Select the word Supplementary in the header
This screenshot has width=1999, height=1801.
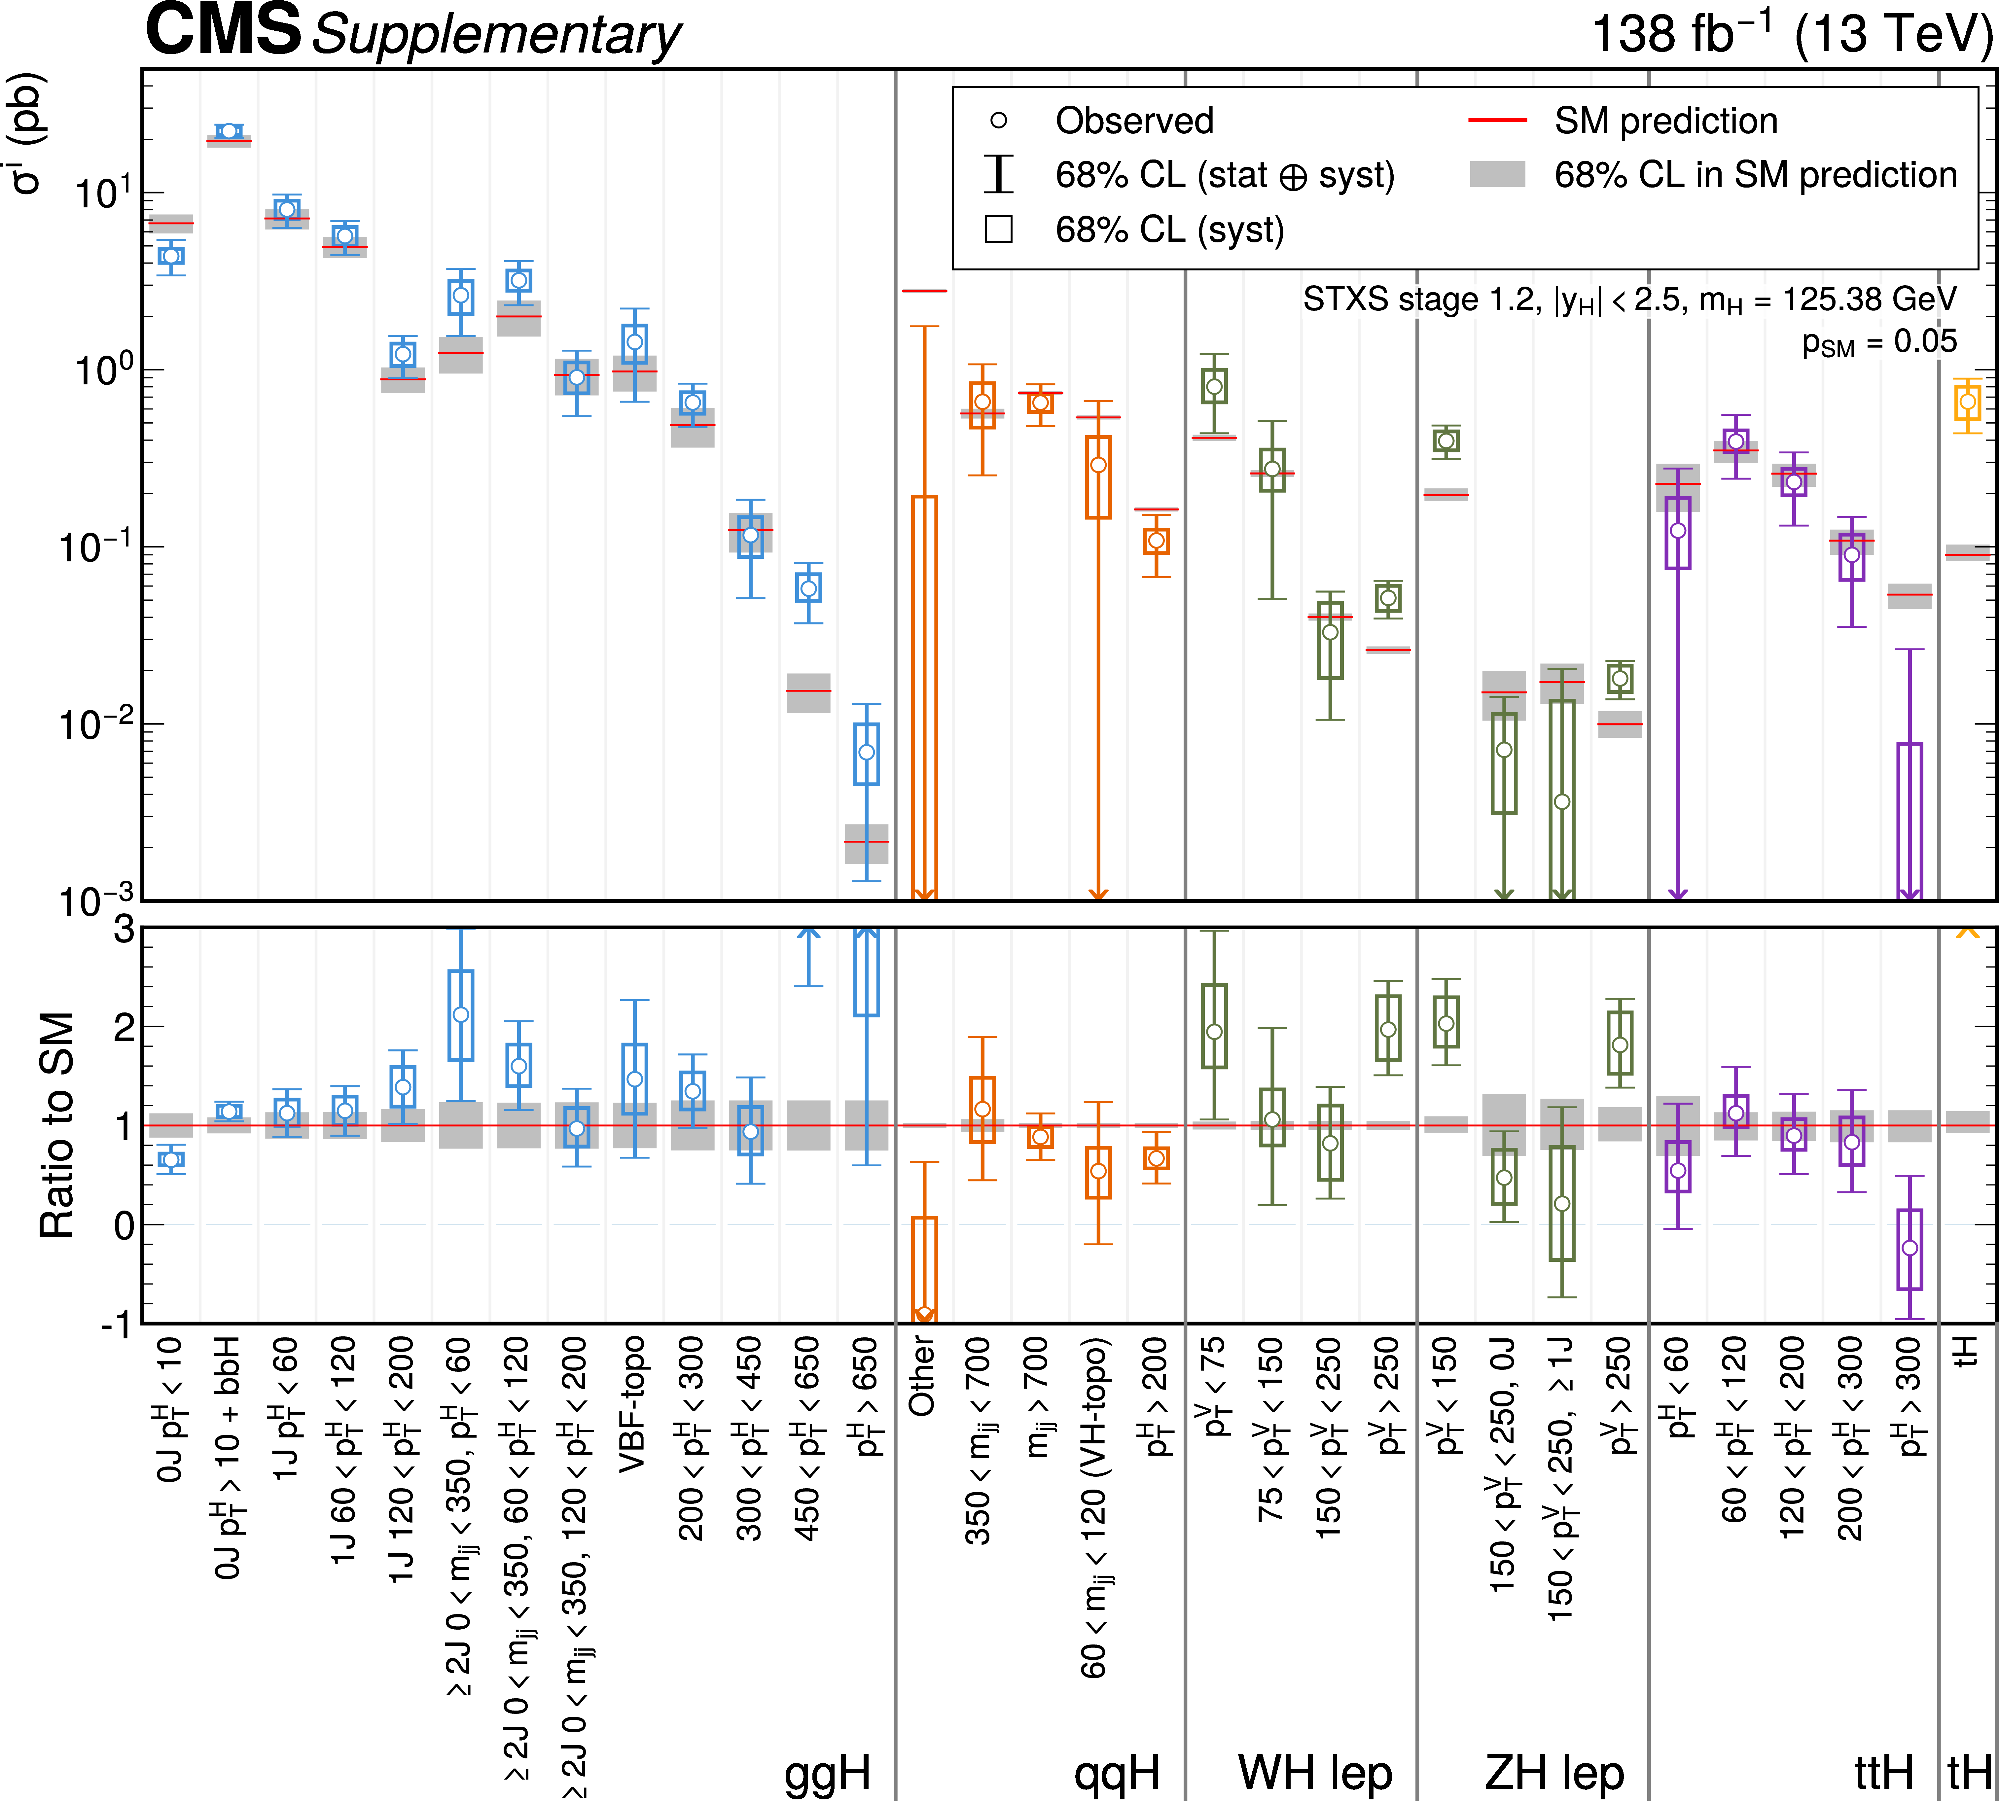pos(497,36)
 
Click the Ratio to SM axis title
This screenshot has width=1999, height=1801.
pos(57,1125)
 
